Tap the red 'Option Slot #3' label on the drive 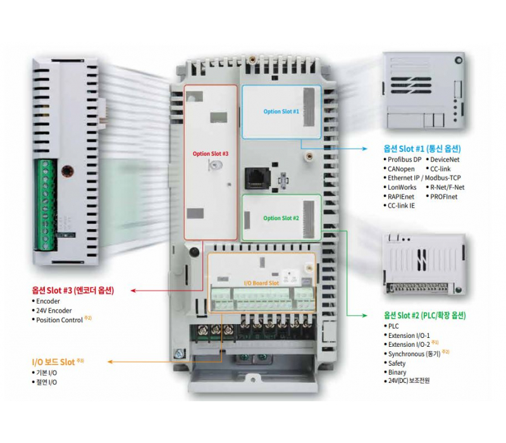click(x=211, y=153)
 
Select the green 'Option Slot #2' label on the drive click(x=281, y=218)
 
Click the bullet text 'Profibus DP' click(x=404, y=159)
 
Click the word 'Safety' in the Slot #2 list click(x=397, y=363)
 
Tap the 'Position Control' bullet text click(x=59, y=320)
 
